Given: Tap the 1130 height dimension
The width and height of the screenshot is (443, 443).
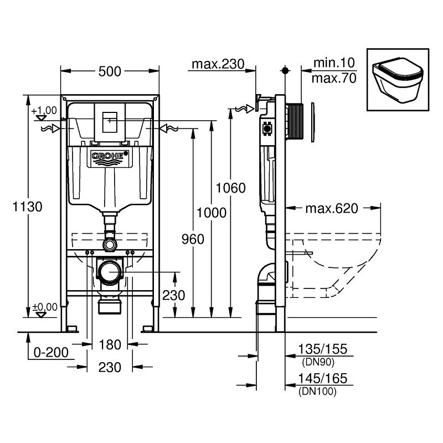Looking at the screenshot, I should click(28, 207).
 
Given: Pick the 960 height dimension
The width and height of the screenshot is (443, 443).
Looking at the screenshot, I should click(193, 239).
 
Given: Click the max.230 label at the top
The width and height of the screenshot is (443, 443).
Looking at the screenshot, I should click(218, 65).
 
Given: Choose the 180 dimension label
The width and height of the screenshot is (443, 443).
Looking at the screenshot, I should click(110, 345).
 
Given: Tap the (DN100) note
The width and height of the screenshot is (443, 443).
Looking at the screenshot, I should click(317, 392).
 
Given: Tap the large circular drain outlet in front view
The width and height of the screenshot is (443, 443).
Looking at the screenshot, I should click(110, 271).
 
